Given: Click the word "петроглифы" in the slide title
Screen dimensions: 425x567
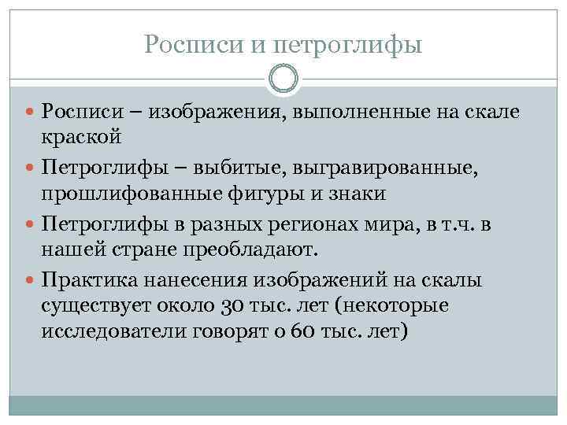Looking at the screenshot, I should tap(349, 45).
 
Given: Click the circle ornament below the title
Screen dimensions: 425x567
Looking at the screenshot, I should tap(283, 79).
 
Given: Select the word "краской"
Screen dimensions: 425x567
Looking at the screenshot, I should tap(82, 137).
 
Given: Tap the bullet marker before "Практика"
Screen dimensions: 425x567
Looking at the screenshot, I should tap(31, 281).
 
